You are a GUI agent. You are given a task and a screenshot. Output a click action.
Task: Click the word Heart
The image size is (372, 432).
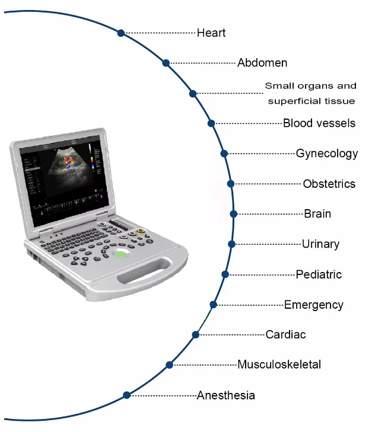point(211,33)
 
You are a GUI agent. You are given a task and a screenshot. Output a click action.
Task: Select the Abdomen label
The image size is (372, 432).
point(262,63)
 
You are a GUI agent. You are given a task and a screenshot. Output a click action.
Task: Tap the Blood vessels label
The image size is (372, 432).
point(319,123)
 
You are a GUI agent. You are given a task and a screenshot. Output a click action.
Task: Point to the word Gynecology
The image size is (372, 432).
point(327,153)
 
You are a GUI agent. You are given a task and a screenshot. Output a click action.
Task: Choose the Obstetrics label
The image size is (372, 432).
point(329,184)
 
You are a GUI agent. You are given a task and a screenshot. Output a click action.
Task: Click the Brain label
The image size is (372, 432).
point(317,214)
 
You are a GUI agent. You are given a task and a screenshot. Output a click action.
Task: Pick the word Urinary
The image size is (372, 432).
point(321,244)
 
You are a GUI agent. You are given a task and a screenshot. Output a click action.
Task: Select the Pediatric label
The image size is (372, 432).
point(319,274)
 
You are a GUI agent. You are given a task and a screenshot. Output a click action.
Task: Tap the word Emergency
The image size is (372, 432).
point(314,305)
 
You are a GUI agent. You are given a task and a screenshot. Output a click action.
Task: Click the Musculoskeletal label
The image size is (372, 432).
point(279,364)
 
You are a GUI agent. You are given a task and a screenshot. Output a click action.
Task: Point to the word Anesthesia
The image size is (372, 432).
point(226,395)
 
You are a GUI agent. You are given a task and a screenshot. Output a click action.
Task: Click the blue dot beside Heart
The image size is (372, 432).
point(121,33)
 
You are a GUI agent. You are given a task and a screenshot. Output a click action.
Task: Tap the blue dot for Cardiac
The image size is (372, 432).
point(196,335)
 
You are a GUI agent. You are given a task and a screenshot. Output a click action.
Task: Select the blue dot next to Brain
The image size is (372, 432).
point(234,214)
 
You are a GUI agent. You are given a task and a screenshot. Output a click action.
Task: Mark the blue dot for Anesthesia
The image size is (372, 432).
point(126,395)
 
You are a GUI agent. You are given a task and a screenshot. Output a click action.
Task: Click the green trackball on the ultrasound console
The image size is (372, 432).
point(120,254)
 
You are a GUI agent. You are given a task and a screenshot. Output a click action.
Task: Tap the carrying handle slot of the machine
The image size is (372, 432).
point(145,271)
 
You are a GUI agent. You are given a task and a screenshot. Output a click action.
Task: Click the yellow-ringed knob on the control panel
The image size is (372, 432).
point(141,231)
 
